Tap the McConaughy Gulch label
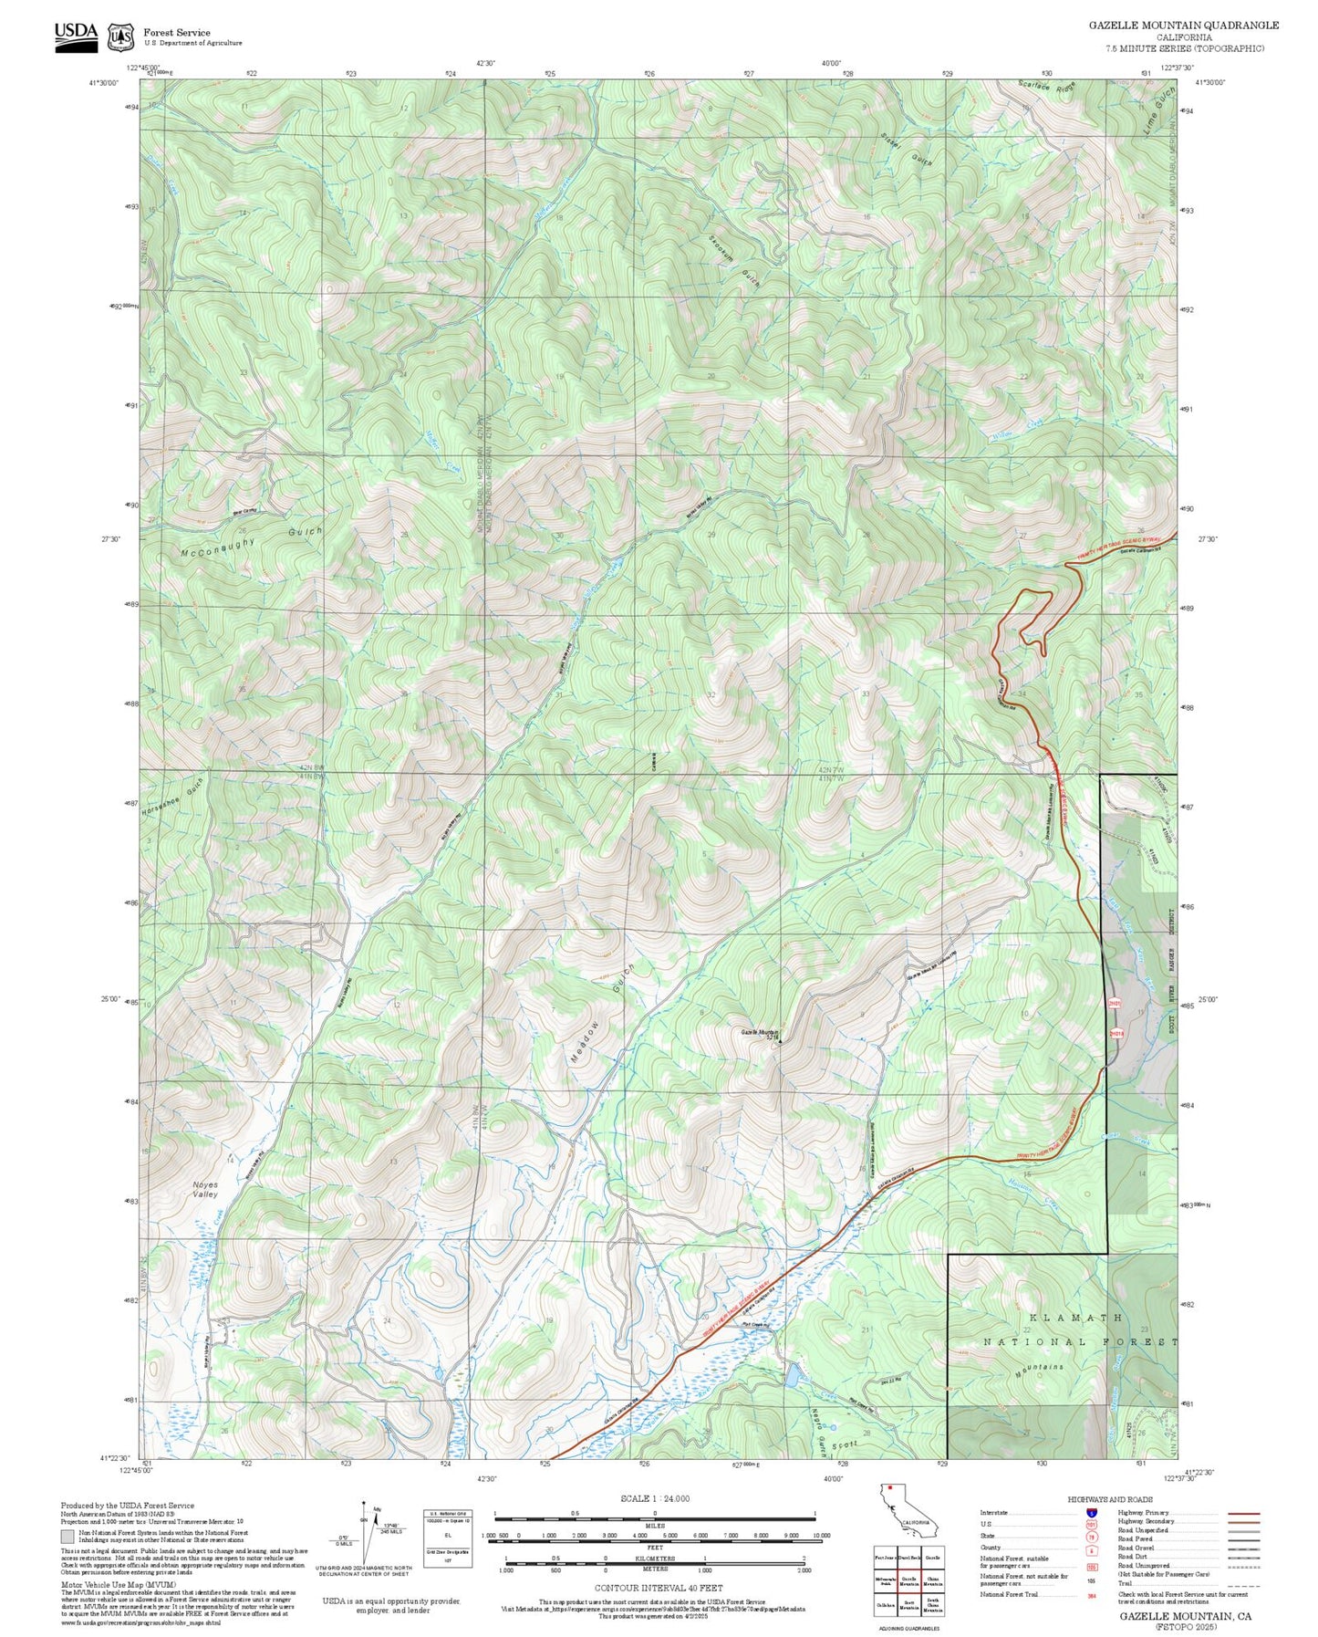[252, 541]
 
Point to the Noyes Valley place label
[205, 1189]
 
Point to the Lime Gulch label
[1155, 120]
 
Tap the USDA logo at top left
[76, 36]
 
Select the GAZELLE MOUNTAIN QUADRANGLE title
[1183, 26]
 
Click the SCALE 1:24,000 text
[654, 1498]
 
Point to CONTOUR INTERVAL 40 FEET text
[653, 1587]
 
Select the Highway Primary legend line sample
[1244, 1512]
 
